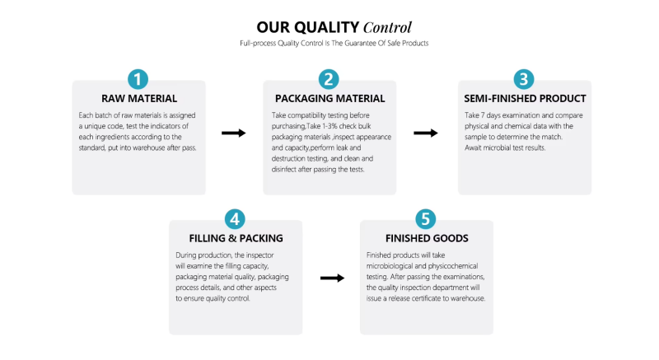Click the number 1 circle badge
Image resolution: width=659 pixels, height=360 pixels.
[138, 79]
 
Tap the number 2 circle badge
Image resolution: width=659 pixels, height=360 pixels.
[329, 79]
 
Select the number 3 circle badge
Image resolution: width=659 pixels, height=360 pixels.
[524, 79]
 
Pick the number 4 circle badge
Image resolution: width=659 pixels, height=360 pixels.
[235, 219]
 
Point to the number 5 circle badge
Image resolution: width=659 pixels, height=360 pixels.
[425, 219]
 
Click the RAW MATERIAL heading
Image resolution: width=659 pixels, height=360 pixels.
[139, 99]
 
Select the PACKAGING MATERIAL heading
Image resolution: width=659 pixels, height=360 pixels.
[330, 99]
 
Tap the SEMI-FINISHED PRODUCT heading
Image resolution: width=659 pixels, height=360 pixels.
[525, 99]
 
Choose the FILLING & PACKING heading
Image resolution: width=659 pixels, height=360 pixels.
[236, 239]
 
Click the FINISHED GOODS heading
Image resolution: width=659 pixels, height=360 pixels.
[427, 239]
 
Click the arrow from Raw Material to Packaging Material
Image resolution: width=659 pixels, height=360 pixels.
[234, 133]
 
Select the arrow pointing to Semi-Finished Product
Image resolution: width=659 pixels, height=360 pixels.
[426, 133]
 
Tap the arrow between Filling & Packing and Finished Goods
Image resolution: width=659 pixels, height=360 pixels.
[333, 278]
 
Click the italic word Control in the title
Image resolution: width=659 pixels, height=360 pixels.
[387, 28]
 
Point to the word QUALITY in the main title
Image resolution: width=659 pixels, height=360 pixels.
[326, 28]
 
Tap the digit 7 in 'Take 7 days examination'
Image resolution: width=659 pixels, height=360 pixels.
[484, 115]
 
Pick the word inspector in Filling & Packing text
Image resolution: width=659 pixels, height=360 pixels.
[259, 255]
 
